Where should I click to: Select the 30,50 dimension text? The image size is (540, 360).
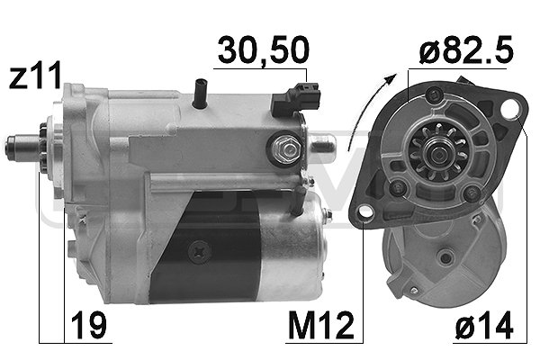tap(259, 50)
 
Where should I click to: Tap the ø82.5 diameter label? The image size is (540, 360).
tap(464, 50)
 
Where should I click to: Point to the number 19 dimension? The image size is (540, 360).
tap(87, 321)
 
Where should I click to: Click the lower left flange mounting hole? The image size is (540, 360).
tap(363, 214)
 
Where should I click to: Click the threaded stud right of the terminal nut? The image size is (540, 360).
tap(320, 143)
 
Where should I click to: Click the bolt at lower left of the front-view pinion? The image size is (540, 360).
tap(395, 188)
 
